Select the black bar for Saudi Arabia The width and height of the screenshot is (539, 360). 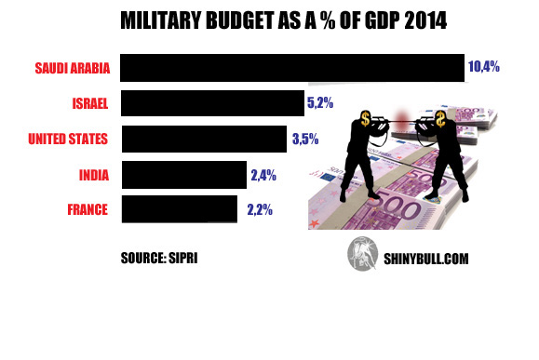tap(292, 68)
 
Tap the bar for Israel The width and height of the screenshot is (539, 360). tap(213, 103)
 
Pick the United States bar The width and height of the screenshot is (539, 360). tap(204, 139)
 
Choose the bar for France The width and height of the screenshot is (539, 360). tap(180, 208)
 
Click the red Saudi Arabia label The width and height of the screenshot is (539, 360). tap(72, 68)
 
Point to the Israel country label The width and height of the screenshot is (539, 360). tap(90, 103)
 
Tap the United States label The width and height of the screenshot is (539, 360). tap(68, 140)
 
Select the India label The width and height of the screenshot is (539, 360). tap(94, 174)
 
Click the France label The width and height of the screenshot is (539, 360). tap(89, 209)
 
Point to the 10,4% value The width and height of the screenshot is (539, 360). tap(485, 67)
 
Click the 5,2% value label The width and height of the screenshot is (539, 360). tap(319, 102)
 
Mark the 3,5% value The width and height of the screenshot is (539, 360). tap(305, 139)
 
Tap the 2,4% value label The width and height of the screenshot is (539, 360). tap(263, 174)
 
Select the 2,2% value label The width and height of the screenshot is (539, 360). tap(260, 209)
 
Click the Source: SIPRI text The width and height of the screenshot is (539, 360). tap(159, 256)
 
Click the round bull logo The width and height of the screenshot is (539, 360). tap(361, 254)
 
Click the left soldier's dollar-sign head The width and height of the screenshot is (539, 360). tap(364, 118)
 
